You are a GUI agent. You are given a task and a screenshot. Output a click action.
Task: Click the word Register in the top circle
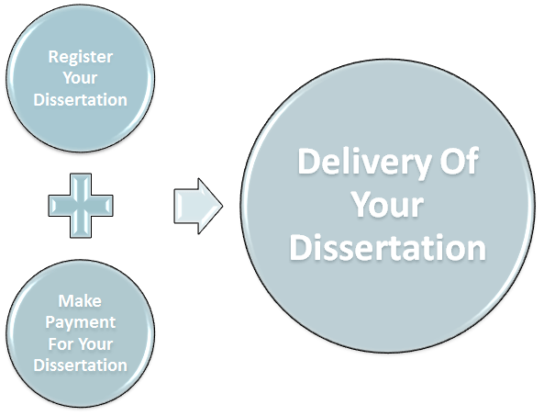pyautogui.click(x=80, y=57)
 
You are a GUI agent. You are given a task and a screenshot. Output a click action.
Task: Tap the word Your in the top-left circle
pyautogui.click(x=80, y=78)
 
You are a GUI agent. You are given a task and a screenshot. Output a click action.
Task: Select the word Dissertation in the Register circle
pyautogui.click(x=80, y=100)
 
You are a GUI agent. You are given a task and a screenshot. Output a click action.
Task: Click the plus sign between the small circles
pyautogui.click(x=81, y=206)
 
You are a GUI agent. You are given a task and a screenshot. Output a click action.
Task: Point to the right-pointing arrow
pyautogui.click(x=198, y=206)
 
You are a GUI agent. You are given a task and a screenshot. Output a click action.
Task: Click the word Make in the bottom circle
pyautogui.click(x=80, y=300)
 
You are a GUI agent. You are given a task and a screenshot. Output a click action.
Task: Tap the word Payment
pyautogui.click(x=80, y=322)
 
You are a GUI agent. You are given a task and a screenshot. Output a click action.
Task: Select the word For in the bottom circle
pyautogui.click(x=60, y=344)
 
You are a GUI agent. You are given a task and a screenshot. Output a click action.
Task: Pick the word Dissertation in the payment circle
pyautogui.click(x=80, y=365)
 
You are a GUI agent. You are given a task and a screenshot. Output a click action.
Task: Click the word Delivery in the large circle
pyautogui.click(x=364, y=163)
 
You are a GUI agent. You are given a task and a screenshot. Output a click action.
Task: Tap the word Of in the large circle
pyautogui.click(x=460, y=161)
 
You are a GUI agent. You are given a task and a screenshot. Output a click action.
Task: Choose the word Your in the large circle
pyautogui.click(x=388, y=204)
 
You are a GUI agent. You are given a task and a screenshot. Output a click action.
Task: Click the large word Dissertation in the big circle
pyautogui.click(x=388, y=247)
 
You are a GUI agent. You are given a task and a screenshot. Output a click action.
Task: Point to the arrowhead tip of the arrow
pyautogui.click(x=222, y=206)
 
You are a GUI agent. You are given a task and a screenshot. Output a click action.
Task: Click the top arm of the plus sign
pyautogui.click(x=81, y=185)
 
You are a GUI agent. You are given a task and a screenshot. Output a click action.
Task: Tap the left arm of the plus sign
pyautogui.click(x=59, y=206)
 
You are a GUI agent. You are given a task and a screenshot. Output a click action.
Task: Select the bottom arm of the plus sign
pyautogui.click(x=81, y=228)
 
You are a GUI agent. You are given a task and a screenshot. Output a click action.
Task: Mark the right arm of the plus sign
pyautogui.click(x=103, y=206)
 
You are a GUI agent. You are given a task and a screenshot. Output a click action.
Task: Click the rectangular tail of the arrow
pyautogui.click(x=186, y=206)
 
